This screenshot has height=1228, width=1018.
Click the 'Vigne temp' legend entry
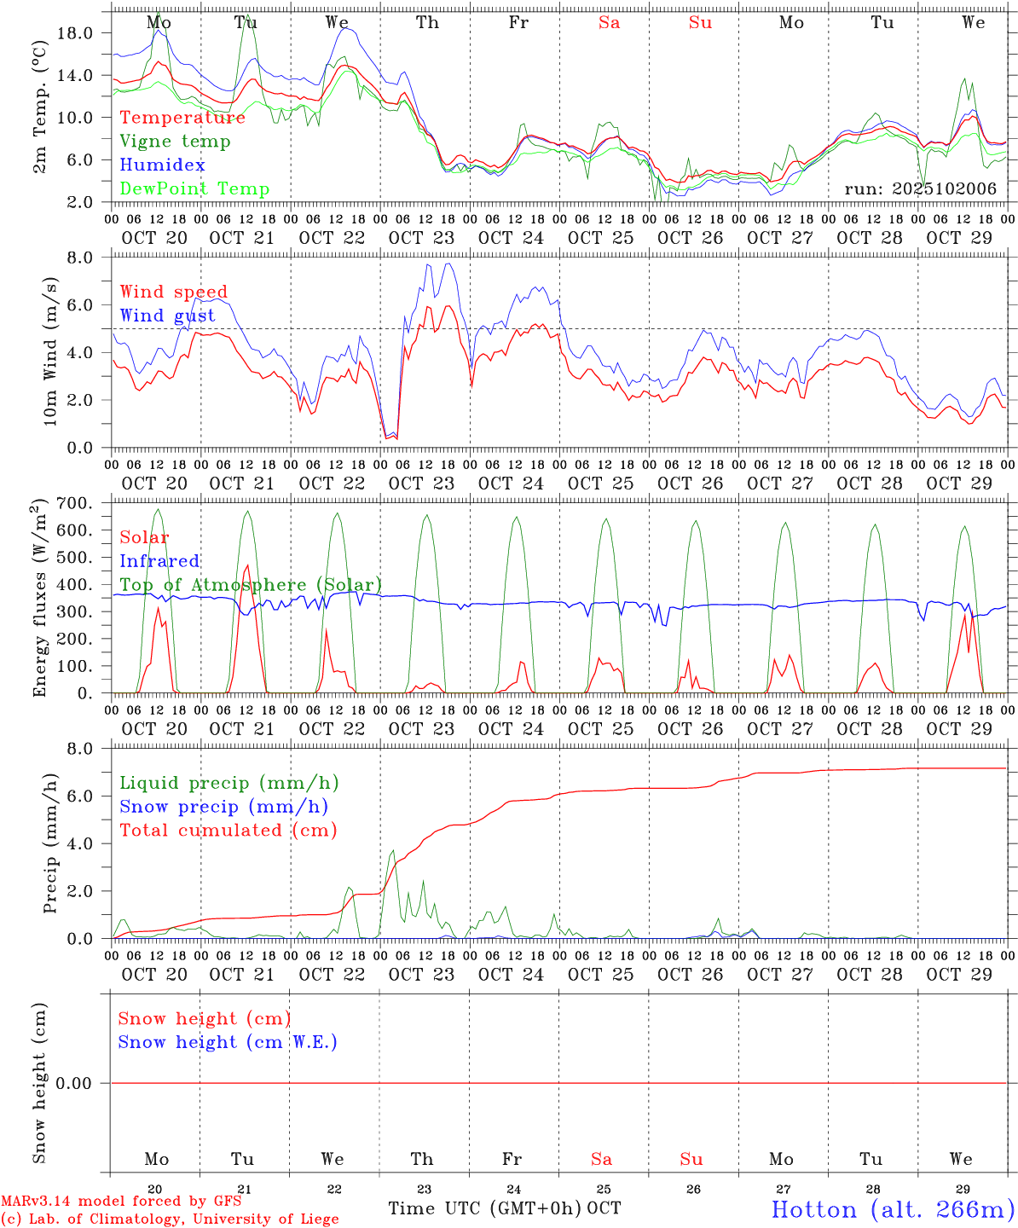click(x=175, y=142)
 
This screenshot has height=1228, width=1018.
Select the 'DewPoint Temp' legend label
click(x=194, y=189)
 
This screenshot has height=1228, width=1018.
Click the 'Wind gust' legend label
click(x=167, y=316)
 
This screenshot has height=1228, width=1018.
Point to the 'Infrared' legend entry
click(x=159, y=561)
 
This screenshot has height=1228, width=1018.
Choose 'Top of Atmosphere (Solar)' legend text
click(x=251, y=585)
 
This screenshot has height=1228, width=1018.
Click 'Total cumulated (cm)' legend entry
click(x=228, y=831)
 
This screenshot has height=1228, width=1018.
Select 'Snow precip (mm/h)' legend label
click(x=223, y=807)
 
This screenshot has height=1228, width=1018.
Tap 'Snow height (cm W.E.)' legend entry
click(x=228, y=1042)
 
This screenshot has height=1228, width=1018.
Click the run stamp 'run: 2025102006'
click(x=920, y=189)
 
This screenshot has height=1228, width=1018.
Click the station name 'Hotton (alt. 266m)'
click(x=893, y=1209)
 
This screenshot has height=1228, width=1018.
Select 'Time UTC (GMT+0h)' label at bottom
click(x=485, y=1208)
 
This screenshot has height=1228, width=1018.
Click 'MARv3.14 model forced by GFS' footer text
click(x=121, y=1202)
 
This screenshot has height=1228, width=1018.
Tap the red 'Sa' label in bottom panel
click(x=602, y=1159)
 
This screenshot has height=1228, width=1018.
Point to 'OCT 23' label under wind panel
click(x=421, y=484)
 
